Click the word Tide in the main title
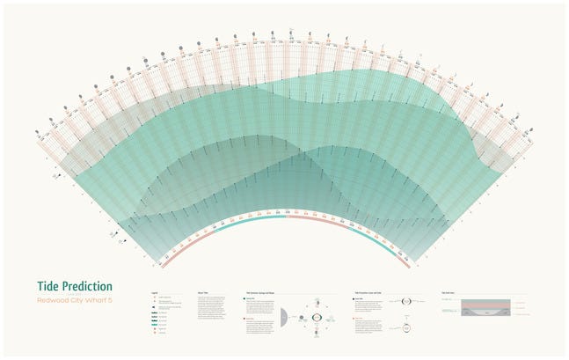click(49, 286)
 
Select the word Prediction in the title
click(88, 286)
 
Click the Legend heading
click(155, 291)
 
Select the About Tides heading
click(202, 291)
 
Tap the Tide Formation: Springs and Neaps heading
click(263, 291)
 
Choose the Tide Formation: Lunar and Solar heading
click(374, 291)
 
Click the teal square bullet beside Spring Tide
click(244, 299)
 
